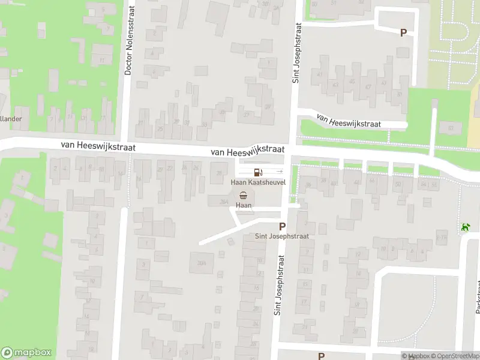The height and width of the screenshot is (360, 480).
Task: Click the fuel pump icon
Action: tap(258, 172)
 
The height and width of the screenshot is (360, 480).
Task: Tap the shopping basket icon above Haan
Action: tap(244, 195)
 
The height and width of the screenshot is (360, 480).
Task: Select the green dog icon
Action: tap(465, 227)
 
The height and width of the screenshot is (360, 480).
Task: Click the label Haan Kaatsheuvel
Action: tap(258, 181)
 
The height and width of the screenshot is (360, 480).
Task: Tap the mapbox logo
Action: tap(26, 353)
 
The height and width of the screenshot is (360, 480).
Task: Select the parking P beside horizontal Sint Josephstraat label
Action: tap(282, 226)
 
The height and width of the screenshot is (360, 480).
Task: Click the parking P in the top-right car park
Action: tap(403, 33)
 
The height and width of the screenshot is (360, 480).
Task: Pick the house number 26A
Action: tap(224, 202)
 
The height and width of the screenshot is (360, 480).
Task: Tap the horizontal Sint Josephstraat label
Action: tap(282, 236)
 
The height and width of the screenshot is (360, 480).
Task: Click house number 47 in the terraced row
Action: tap(368, 86)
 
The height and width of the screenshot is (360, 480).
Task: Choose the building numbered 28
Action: tap(218, 174)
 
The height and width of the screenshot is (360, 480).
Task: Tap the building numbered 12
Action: tap(358, 255)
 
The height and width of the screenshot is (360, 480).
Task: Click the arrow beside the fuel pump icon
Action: tap(279, 172)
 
